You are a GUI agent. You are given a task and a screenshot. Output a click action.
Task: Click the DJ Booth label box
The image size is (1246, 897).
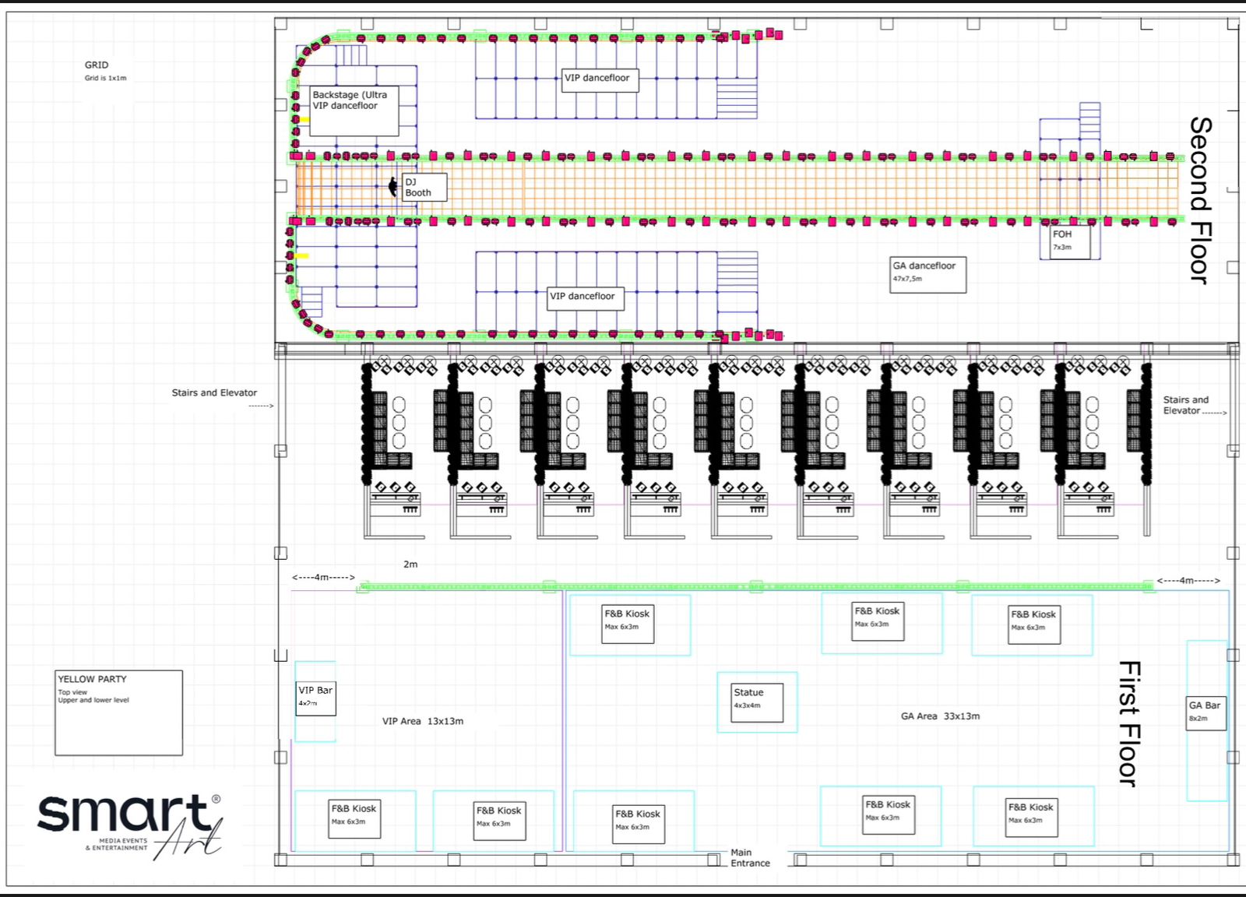424,187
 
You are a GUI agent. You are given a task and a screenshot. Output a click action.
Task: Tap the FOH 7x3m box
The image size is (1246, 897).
1070,241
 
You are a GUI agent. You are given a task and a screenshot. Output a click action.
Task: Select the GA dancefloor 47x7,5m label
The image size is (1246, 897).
927,275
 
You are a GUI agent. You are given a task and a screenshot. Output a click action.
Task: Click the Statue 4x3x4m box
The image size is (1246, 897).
756,702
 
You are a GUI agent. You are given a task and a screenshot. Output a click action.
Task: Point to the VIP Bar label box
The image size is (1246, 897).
315,698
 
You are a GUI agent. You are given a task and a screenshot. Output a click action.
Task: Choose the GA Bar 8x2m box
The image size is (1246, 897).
1206,713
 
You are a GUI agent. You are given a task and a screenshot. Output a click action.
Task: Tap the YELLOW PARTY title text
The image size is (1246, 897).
93,679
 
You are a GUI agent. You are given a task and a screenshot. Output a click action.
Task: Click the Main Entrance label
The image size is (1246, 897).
750,857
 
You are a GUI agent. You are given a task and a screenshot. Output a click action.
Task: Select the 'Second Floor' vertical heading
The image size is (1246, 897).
1201,200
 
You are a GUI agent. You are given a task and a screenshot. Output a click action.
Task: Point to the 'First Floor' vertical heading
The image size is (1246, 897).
1129,723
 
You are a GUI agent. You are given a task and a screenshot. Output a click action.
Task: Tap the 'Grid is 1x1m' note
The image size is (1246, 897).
105,78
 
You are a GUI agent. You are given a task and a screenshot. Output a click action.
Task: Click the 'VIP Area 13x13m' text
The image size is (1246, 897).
423,721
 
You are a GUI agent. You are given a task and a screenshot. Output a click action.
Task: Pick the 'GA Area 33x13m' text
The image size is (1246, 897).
940,716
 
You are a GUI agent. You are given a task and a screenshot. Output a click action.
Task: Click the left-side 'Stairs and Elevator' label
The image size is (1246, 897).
214,392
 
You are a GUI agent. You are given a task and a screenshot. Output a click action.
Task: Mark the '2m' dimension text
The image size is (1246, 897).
410,564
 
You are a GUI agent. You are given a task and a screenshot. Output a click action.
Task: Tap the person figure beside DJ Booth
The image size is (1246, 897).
392,186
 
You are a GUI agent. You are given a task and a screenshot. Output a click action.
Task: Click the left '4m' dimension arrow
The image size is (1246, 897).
323,577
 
